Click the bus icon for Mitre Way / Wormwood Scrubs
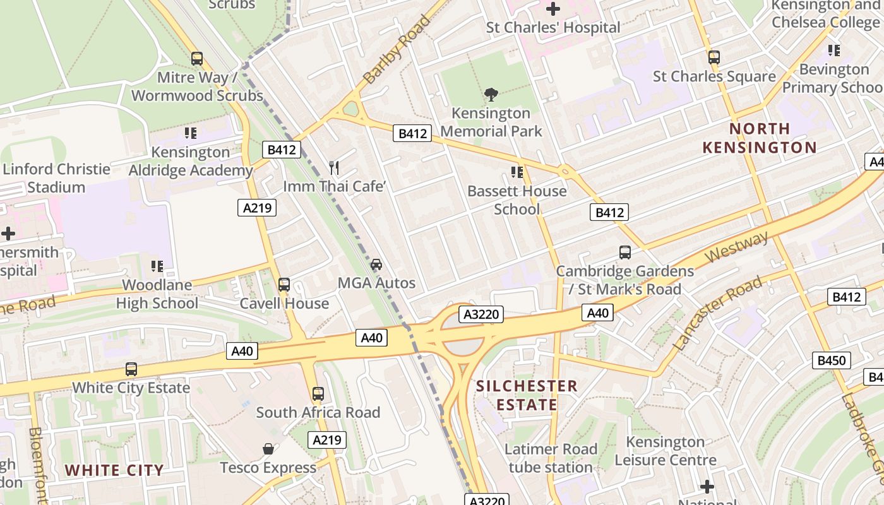click(x=197, y=59)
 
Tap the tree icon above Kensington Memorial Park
click(x=491, y=95)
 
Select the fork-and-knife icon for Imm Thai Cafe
click(x=334, y=168)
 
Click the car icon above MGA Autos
click(x=376, y=264)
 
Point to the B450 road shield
click(x=831, y=360)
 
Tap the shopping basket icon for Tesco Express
click(x=268, y=449)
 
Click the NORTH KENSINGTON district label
click(x=760, y=138)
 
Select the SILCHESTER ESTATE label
click(x=527, y=395)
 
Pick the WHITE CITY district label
click(x=114, y=470)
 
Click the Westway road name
click(x=738, y=247)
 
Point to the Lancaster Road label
click(x=718, y=314)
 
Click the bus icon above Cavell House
click(x=284, y=285)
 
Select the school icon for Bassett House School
click(x=517, y=172)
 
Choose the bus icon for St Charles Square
click(x=714, y=57)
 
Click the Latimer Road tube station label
click(x=551, y=458)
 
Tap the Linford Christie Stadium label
click(x=57, y=178)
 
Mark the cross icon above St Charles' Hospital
click(x=553, y=9)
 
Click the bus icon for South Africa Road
click(x=318, y=394)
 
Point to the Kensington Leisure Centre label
click(x=666, y=451)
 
